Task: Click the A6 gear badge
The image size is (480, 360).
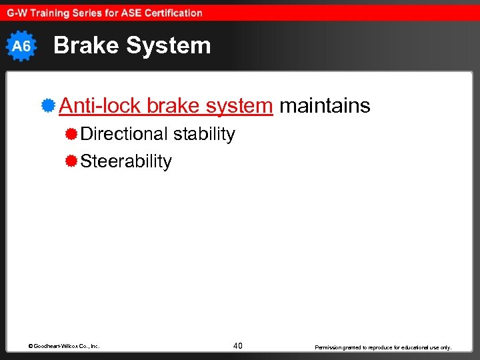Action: click(21, 46)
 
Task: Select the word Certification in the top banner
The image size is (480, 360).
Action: click(170, 13)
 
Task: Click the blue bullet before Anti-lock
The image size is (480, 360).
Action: click(47, 105)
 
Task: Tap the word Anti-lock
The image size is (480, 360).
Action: click(101, 105)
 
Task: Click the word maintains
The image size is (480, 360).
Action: click(325, 105)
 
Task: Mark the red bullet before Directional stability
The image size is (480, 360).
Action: click(71, 134)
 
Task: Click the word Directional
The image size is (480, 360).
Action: click(124, 134)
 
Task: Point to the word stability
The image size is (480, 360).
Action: click(204, 134)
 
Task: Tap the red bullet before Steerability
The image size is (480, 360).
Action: click(71, 161)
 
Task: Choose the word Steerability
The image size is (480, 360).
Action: click(126, 161)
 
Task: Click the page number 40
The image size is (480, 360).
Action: click(238, 345)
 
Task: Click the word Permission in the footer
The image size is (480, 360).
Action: click(329, 347)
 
